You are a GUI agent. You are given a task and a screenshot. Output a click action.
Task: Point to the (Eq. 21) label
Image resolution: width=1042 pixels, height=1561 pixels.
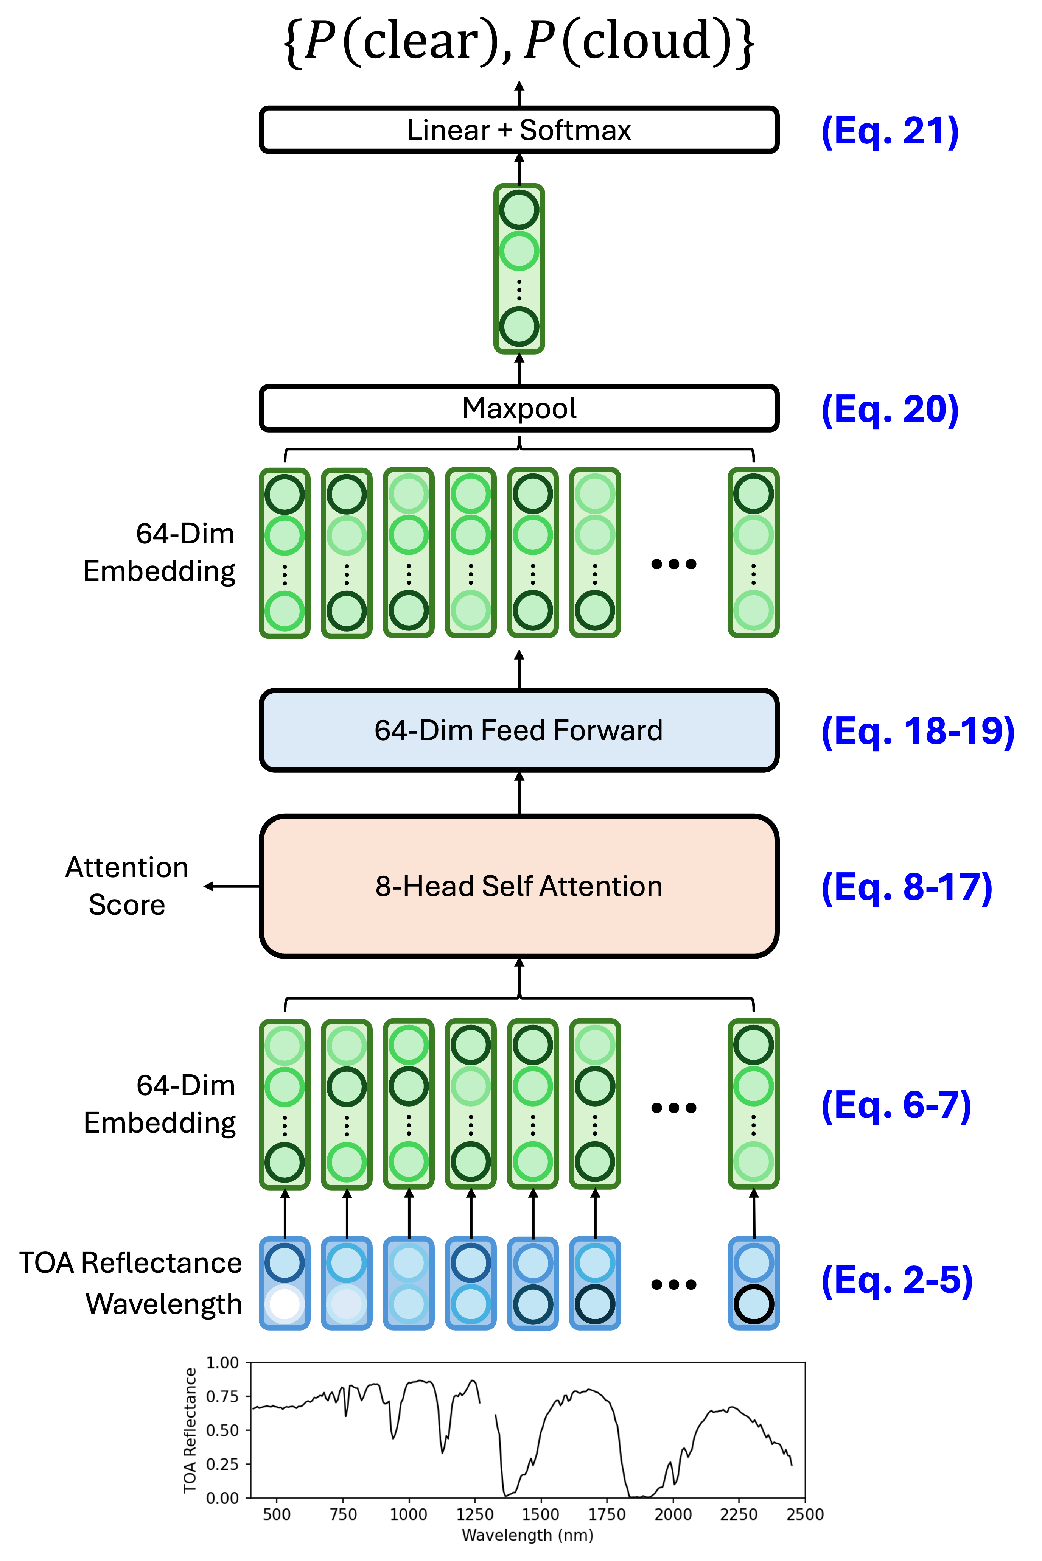pyautogui.click(x=889, y=131)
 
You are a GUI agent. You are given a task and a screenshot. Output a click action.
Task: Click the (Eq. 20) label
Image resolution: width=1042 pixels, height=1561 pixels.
pyautogui.click(x=889, y=409)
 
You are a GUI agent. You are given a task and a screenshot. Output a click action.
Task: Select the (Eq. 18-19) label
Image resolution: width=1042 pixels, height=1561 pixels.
pyautogui.click(x=917, y=731)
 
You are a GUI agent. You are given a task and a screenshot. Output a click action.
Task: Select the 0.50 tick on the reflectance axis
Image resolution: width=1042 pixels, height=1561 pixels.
pyautogui.click(x=222, y=1430)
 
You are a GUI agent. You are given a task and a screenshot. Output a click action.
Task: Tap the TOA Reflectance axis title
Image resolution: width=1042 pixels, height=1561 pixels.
pyautogui.click(x=190, y=1429)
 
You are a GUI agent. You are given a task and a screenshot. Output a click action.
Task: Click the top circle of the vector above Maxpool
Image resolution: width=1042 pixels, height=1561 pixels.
pyautogui.click(x=519, y=209)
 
